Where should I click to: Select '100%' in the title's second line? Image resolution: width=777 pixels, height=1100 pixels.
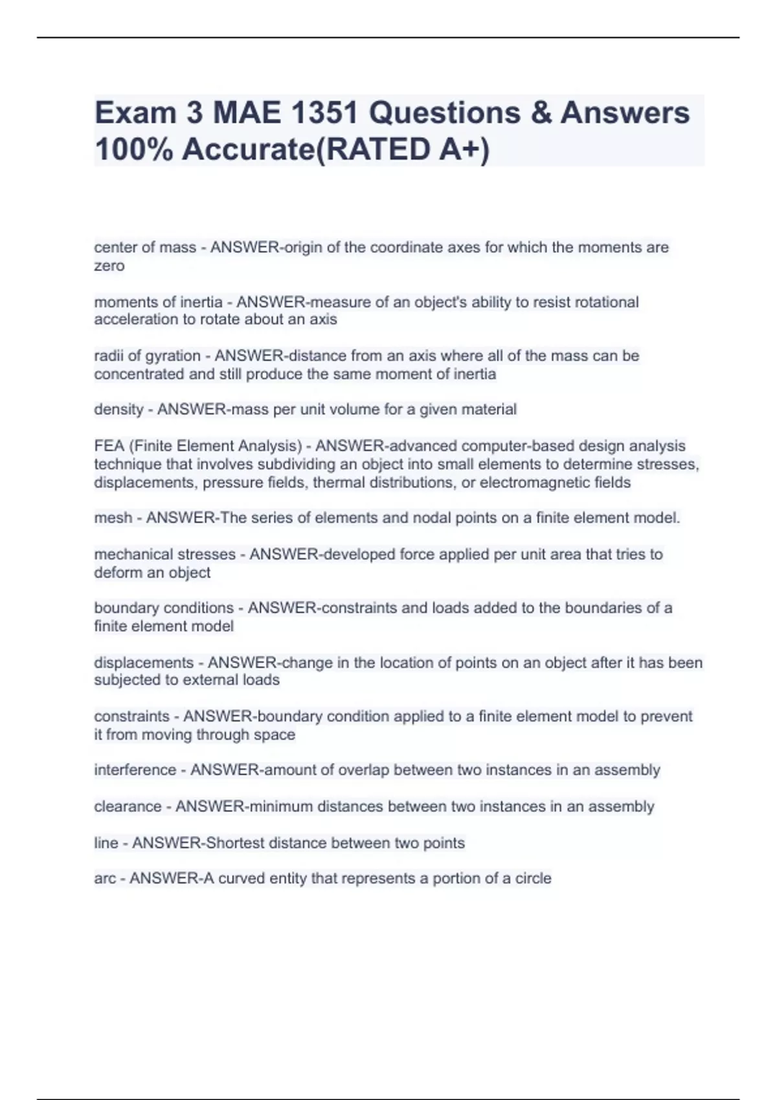point(133,149)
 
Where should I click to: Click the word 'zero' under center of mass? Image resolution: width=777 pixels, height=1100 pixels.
point(109,266)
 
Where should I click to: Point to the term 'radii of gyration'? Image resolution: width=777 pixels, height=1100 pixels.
point(147,356)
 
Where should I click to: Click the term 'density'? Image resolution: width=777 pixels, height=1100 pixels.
point(118,410)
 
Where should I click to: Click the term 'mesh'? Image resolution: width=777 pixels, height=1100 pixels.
point(113,518)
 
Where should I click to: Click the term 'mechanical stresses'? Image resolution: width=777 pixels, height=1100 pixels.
point(164,555)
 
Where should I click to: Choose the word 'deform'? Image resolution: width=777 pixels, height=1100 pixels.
point(118,573)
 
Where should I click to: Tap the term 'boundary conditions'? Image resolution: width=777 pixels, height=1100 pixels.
point(163,608)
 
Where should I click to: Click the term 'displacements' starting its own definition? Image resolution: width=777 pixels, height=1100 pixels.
point(143,663)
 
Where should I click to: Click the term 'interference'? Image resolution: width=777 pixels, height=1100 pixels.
point(135,770)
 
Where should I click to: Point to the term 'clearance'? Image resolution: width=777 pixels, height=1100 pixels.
point(128,807)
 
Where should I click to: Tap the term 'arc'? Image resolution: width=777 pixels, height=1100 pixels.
point(105,879)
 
